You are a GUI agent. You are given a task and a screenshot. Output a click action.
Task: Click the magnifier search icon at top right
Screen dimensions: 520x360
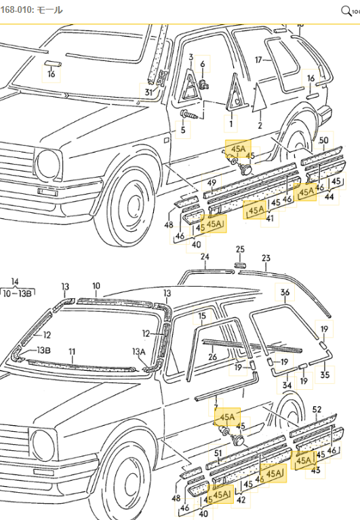pos(345,10)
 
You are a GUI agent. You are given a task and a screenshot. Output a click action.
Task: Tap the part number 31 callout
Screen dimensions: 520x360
pos(148,92)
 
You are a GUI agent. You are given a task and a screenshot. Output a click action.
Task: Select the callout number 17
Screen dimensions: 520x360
pos(258,60)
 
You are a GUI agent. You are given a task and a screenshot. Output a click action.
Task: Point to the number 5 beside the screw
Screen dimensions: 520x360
pos(182,129)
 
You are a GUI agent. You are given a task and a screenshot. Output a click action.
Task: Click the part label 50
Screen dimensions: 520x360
pos(323,140)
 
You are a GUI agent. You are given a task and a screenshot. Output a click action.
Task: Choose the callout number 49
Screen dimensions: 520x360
pos(212,182)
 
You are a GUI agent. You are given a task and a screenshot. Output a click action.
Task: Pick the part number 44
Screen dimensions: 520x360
pos(329,197)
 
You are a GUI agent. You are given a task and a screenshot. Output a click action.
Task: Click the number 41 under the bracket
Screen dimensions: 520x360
pos(270,218)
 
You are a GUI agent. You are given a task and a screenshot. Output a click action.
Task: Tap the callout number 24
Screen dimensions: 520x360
pos(205,257)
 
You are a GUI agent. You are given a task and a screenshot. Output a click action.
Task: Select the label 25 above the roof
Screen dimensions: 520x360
pos(240,249)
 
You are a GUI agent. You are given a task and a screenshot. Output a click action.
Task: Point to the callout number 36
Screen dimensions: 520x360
pos(285,292)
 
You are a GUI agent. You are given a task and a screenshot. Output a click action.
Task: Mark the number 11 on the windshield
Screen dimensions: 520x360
pos(72,353)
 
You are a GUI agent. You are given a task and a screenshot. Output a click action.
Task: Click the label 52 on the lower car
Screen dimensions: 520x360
pos(317,409)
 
